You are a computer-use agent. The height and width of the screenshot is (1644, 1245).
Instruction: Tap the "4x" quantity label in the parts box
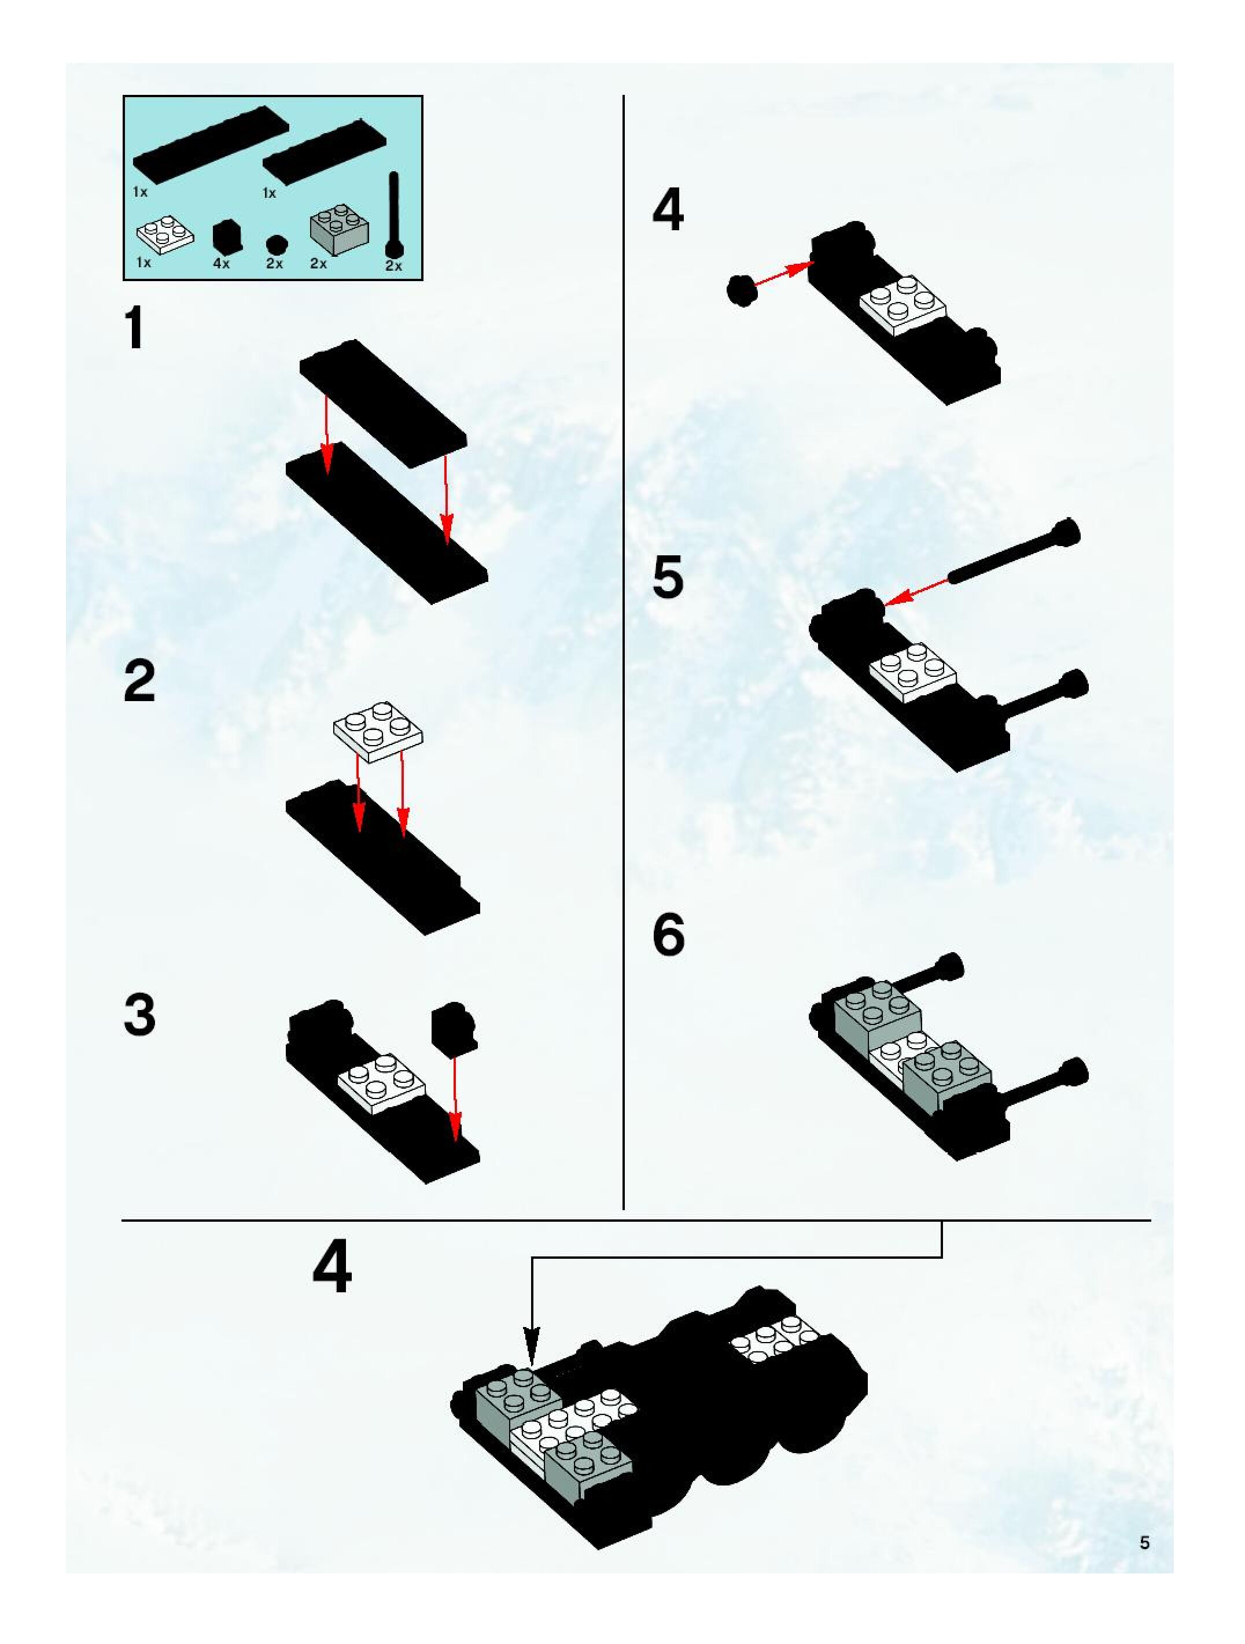click(222, 263)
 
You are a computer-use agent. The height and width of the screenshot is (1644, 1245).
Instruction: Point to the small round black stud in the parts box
click(276, 244)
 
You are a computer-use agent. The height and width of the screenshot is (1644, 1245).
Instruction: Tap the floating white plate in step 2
click(378, 730)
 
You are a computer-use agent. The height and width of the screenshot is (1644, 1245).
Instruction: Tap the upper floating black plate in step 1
click(384, 404)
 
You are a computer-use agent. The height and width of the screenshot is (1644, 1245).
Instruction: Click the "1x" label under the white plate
click(143, 263)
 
